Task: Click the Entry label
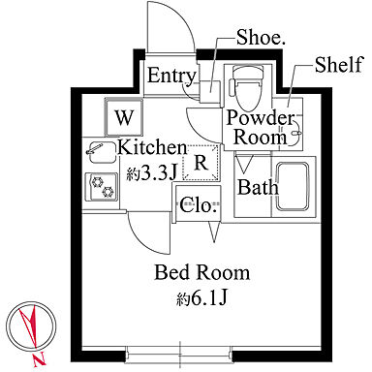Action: click(171, 77)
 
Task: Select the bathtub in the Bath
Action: click(293, 187)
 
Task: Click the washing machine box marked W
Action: click(124, 117)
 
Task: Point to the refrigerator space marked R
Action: click(201, 163)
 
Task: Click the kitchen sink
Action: click(101, 152)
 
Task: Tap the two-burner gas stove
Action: click(102, 187)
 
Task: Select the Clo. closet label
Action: click(198, 204)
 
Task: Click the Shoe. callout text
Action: click(261, 38)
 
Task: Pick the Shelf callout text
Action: click(339, 65)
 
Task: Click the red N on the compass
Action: click(40, 359)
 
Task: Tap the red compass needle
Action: click(30, 326)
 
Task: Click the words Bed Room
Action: click(202, 273)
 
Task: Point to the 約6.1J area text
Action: click(202, 299)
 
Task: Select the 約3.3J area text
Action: click(151, 172)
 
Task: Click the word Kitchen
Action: click(152, 148)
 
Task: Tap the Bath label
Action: click(258, 187)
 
